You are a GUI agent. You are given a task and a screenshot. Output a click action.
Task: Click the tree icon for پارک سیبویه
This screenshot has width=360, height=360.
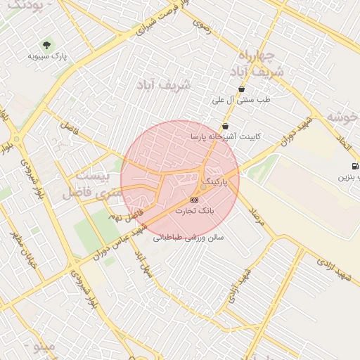point(46,44)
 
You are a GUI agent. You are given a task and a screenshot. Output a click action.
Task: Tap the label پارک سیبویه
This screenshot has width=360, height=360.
point(47,56)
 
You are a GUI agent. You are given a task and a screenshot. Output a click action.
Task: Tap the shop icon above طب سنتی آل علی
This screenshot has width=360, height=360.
point(242,89)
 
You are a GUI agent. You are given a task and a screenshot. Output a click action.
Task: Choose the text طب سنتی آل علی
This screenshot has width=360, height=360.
point(241,100)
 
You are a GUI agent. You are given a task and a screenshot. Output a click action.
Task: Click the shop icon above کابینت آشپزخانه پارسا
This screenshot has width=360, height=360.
point(224,126)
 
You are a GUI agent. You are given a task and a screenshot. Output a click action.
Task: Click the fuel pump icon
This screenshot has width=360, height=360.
point(349,167)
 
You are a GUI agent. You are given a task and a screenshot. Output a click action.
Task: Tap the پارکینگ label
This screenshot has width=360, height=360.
point(216,181)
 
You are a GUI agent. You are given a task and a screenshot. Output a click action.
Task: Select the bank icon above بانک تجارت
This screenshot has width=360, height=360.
point(194,200)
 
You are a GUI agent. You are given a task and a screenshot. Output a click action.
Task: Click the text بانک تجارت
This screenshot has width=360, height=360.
point(194,210)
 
